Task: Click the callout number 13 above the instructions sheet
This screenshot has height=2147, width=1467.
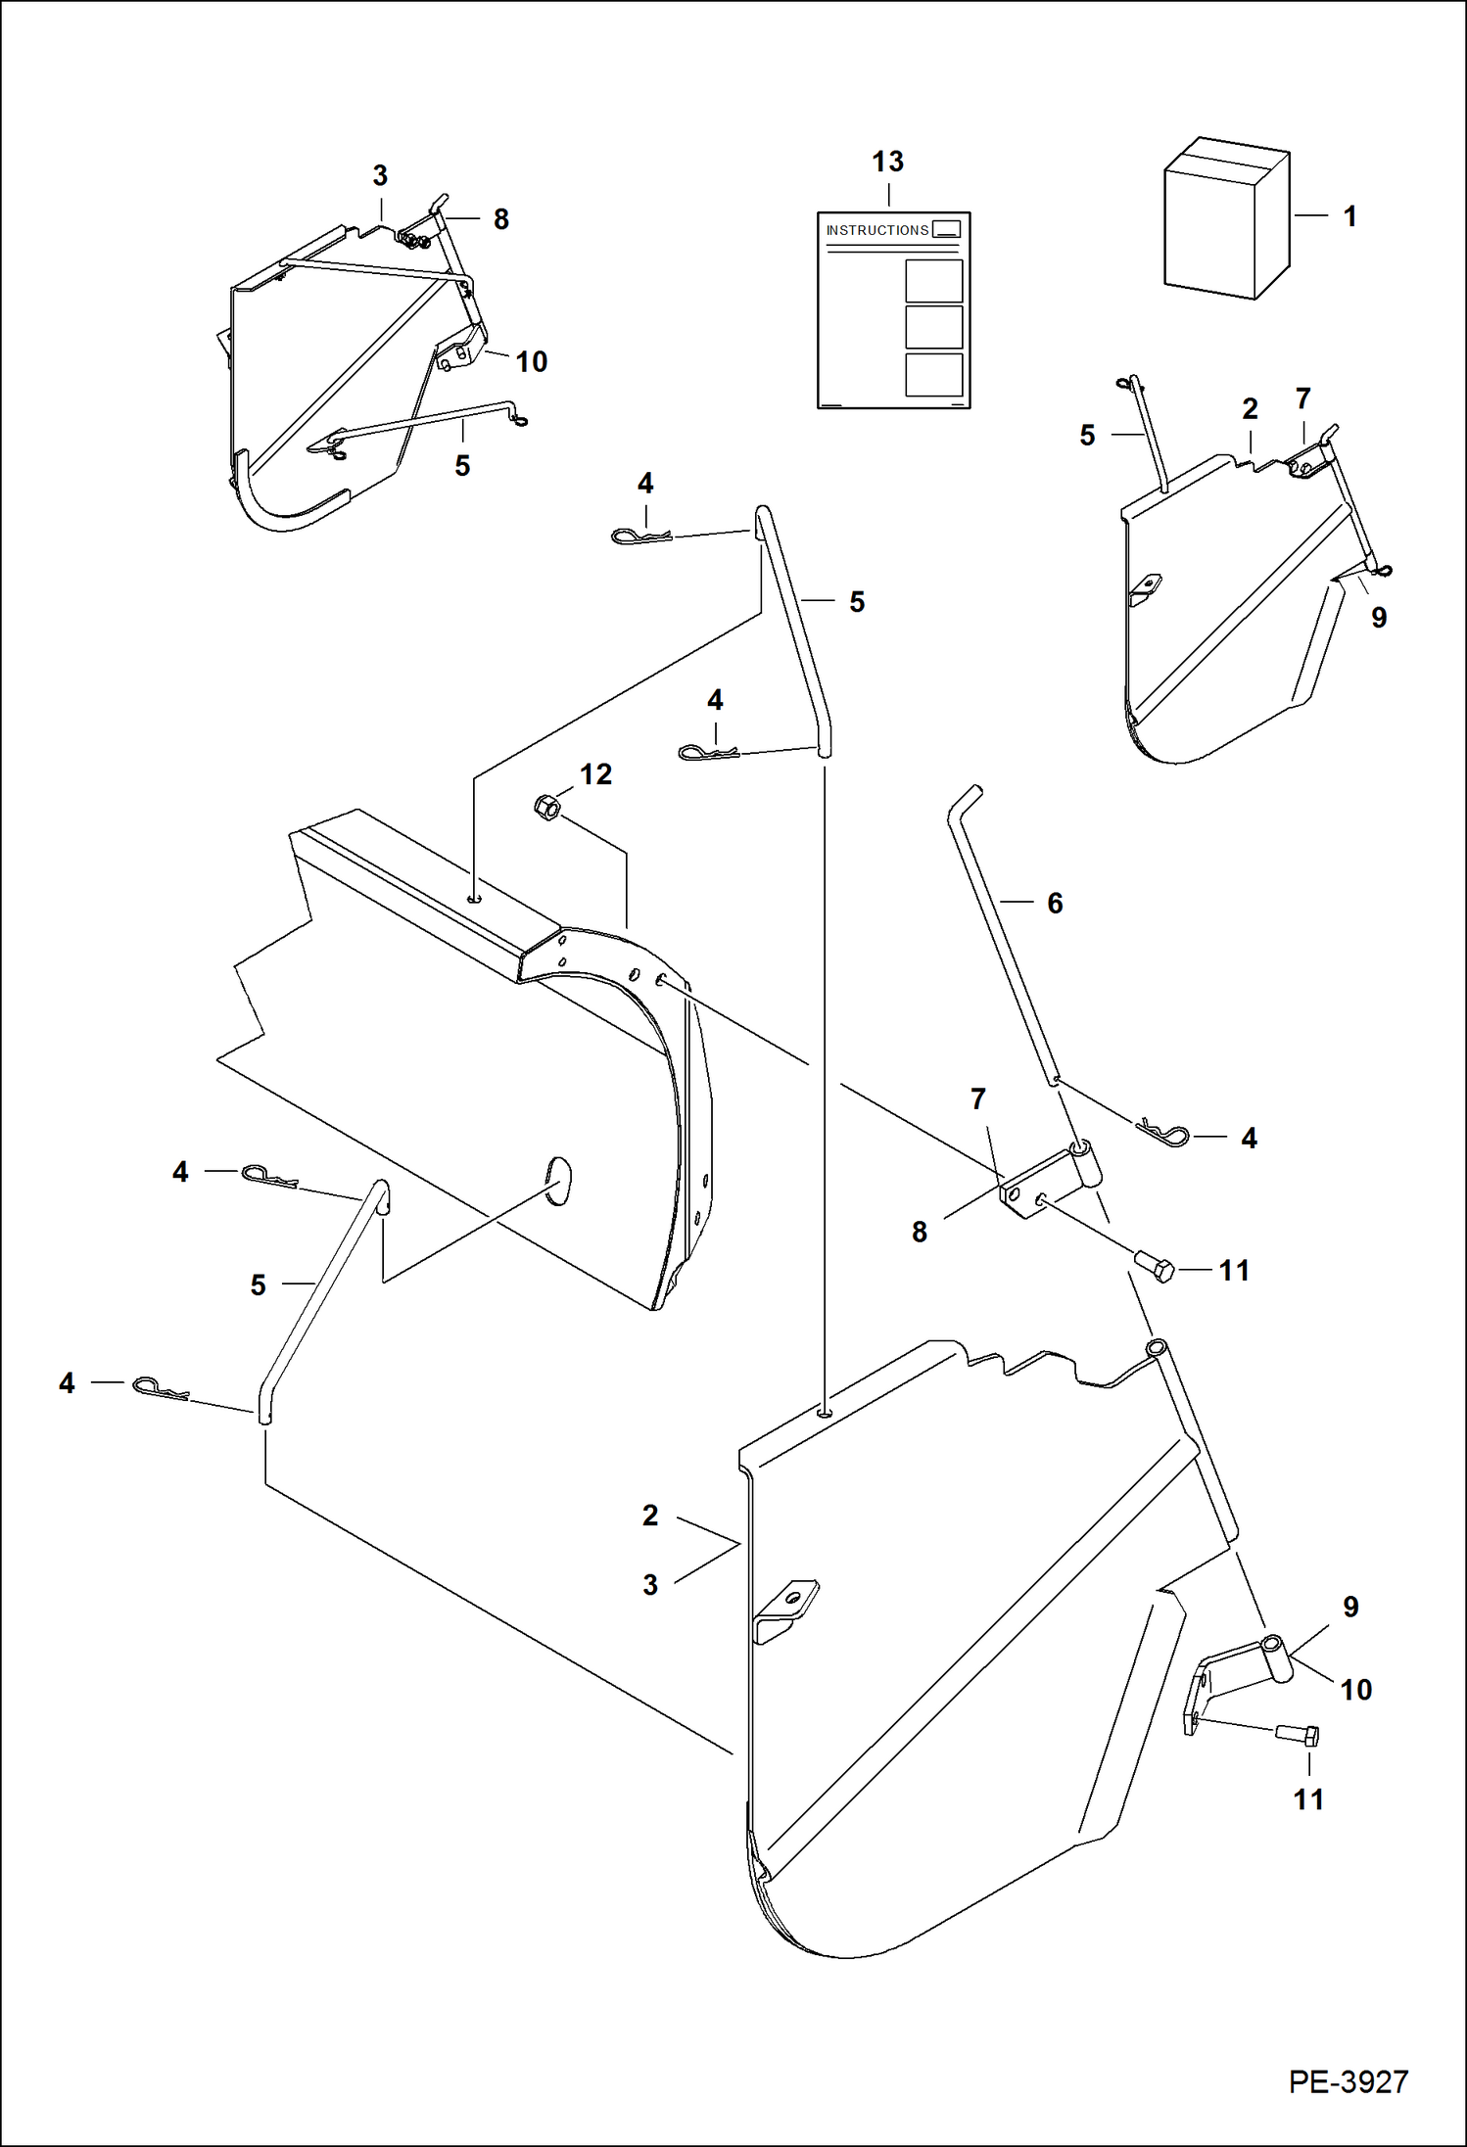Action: point(887,162)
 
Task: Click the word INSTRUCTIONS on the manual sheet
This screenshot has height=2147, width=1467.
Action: point(876,230)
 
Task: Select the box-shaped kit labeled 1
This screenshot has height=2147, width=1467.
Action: point(1225,220)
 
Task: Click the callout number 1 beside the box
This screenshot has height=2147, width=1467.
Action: point(1349,216)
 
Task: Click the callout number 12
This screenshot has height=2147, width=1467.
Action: point(595,774)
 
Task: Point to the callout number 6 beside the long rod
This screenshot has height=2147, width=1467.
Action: point(1055,903)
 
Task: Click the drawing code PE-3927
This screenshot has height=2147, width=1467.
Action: point(1348,2080)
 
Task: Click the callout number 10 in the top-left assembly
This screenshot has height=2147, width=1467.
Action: point(531,361)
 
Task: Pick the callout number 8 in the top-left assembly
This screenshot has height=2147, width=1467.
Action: point(500,219)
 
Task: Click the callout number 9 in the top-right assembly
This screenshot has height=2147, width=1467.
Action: point(1379,617)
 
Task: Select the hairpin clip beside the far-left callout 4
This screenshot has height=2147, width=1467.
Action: point(159,1386)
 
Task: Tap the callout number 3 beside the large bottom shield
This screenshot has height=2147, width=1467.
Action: point(650,1584)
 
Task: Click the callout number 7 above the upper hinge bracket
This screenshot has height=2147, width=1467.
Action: point(977,1099)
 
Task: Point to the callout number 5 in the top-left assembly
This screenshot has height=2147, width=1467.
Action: point(462,465)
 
